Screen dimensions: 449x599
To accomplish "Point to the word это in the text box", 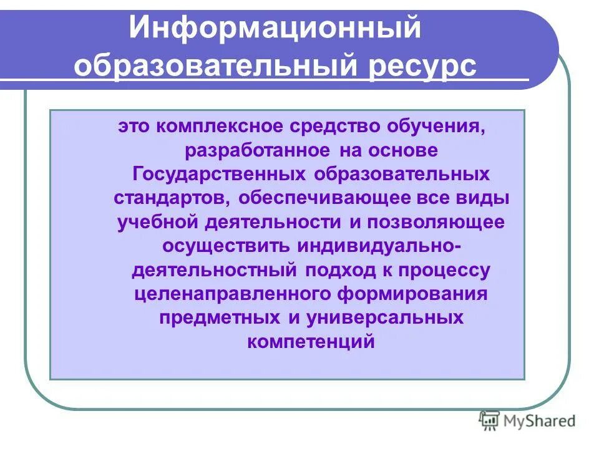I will [135, 128].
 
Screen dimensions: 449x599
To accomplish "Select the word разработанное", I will [256, 152].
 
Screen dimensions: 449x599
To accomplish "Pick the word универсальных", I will [385, 317].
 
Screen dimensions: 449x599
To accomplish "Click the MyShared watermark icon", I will [489, 421].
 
